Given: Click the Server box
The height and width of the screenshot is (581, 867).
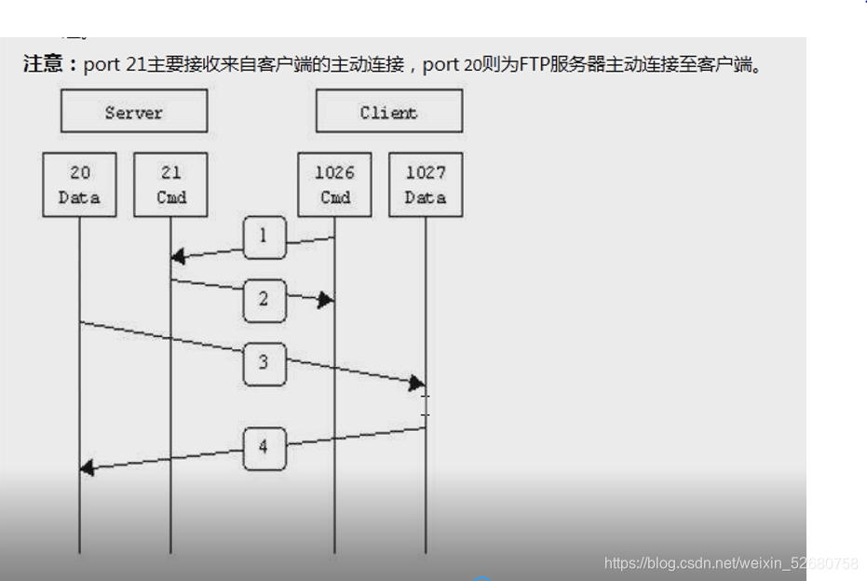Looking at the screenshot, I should [134, 112].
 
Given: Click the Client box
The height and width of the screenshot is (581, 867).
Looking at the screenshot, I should [388, 112].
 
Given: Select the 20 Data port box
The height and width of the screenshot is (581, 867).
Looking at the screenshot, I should [79, 184].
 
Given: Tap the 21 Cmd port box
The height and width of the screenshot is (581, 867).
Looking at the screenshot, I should [170, 184].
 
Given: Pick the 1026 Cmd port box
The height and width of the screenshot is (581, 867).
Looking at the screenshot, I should [334, 184].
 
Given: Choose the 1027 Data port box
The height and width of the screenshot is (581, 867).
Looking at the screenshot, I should [426, 184].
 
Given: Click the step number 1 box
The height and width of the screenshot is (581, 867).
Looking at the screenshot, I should [264, 236].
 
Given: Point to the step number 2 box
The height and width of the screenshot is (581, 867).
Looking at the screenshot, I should [264, 299].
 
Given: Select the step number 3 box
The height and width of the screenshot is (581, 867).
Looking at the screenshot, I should [264, 362].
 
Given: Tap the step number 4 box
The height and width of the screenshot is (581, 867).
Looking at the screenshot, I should [264, 447].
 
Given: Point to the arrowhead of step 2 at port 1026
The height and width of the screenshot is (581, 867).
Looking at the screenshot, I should [326, 300].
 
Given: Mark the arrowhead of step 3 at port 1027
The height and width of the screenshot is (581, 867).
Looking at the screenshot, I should [417, 383].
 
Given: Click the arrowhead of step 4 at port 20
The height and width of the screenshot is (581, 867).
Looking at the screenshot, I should [88, 467].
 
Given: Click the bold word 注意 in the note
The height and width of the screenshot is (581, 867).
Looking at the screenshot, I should [44, 66].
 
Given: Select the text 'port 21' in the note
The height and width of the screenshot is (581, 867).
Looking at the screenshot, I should [114, 66].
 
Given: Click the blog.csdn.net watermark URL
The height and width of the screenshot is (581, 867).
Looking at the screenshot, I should [731, 563].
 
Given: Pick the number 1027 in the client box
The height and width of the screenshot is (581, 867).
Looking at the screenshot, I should [426, 173].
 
